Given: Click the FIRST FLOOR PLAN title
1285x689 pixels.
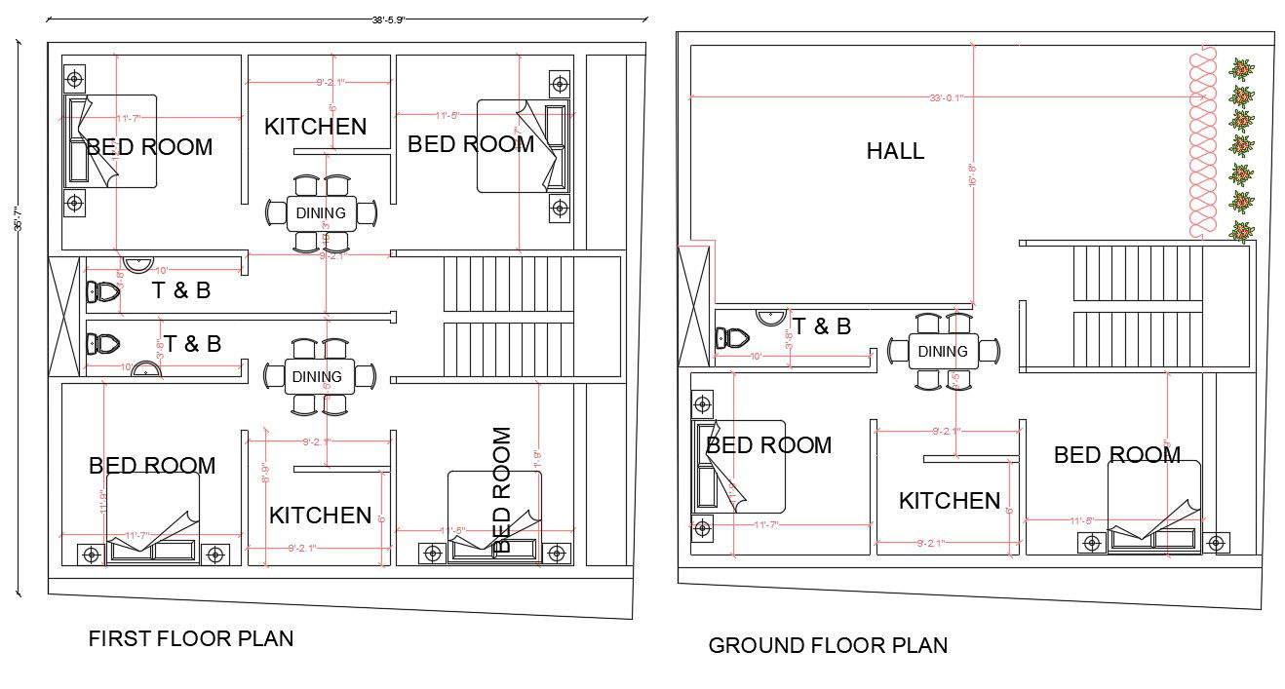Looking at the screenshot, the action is click(190, 638).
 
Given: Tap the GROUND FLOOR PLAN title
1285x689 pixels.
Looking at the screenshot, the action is click(828, 645).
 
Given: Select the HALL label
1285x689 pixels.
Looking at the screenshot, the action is click(895, 151).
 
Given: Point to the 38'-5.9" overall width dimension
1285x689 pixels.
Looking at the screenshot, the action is click(388, 18).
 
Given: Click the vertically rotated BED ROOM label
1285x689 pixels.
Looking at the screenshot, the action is click(501, 489).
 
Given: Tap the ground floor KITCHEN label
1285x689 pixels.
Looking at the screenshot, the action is click(949, 501).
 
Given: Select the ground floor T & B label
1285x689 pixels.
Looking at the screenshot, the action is click(821, 326).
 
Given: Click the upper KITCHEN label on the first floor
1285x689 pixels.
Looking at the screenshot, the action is click(316, 126).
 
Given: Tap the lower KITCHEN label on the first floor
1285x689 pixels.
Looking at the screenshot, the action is click(320, 515).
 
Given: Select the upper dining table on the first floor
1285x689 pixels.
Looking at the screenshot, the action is click(321, 213).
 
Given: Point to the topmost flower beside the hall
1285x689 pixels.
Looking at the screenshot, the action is click(1241, 69).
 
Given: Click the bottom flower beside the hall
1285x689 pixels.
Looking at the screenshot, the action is click(1241, 232).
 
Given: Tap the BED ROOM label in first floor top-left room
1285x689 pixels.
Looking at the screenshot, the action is click(149, 147).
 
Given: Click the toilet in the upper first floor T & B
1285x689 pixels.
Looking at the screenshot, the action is click(102, 290).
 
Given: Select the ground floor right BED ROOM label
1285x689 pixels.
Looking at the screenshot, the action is click(1117, 454).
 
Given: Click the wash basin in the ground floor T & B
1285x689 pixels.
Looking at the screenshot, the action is click(771, 317).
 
